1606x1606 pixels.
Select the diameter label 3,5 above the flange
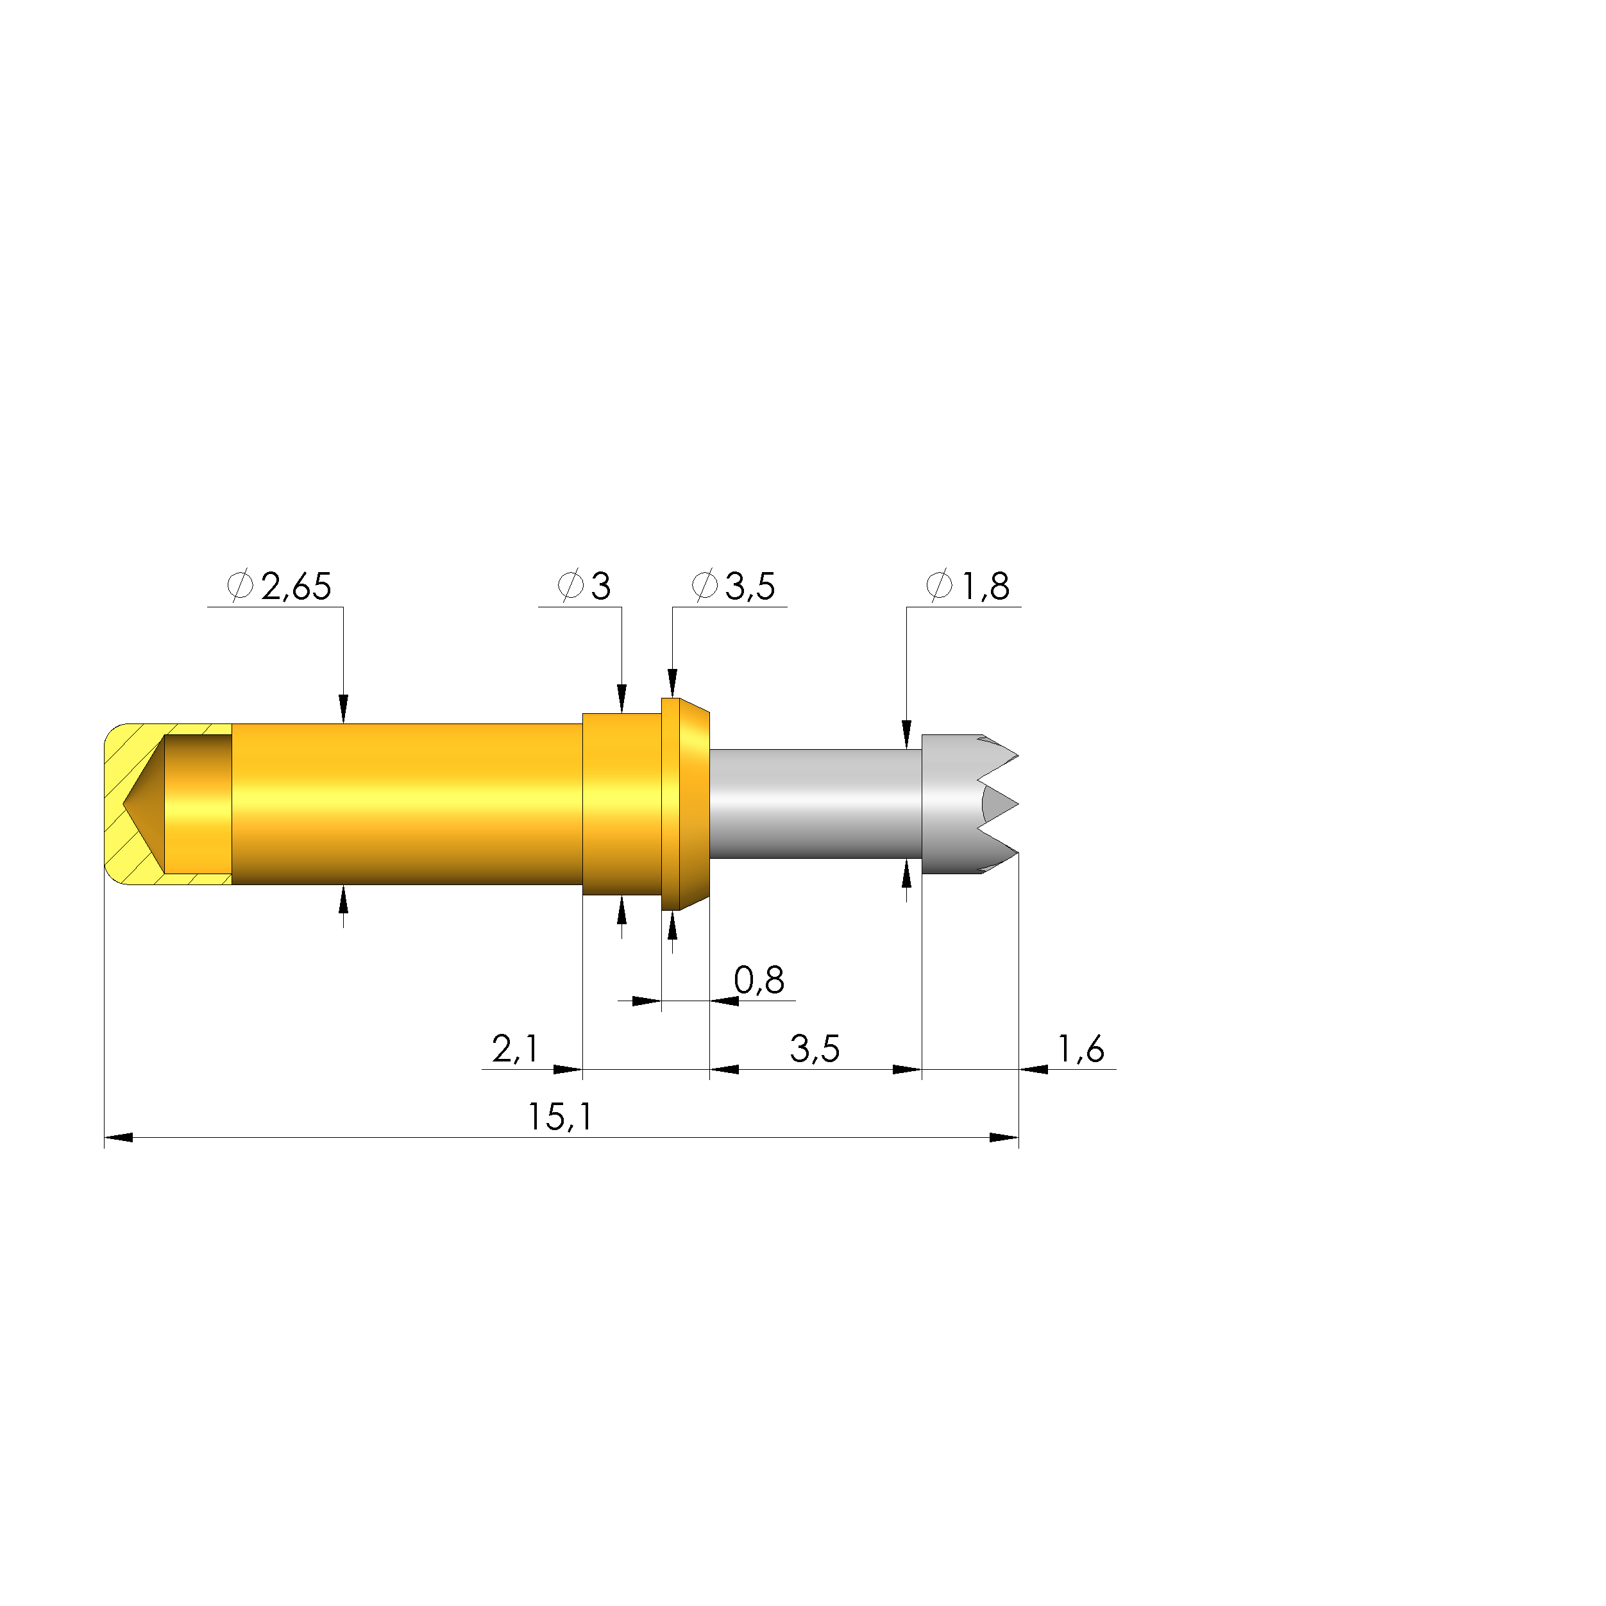(750, 587)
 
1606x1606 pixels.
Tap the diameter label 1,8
(986, 587)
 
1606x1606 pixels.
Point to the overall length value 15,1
(561, 1117)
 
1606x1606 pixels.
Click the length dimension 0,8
(759, 981)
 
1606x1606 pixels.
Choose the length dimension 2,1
(516, 1049)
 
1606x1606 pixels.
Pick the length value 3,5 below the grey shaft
(815, 1049)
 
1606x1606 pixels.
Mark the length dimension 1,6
(1081, 1049)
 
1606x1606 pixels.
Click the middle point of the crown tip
(1017, 805)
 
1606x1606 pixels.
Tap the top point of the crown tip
(1017, 756)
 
